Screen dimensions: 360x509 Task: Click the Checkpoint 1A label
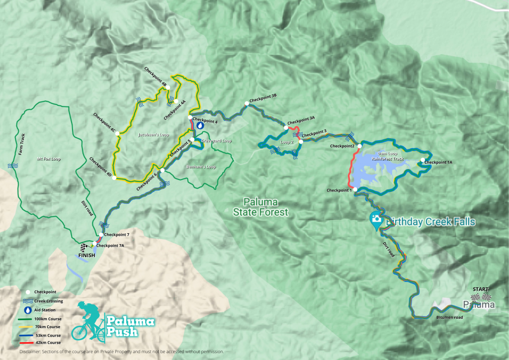[439, 162]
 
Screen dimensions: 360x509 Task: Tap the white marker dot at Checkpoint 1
[355, 189]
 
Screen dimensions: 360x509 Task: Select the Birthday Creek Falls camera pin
[376, 219]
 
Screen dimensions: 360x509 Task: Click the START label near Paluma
[481, 289]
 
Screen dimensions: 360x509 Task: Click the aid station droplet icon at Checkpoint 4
[200, 126]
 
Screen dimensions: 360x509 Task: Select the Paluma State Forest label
[260, 207]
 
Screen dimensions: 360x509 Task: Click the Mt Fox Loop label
[49, 160]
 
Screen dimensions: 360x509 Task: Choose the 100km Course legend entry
[47, 318]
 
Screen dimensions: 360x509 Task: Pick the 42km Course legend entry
[47, 343]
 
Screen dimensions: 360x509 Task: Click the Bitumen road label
[449, 317]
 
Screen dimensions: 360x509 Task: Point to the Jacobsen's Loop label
[154, 135]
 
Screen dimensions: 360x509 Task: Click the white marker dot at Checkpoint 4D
[114, 178]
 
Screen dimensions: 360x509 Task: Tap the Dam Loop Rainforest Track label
[390, 157]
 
